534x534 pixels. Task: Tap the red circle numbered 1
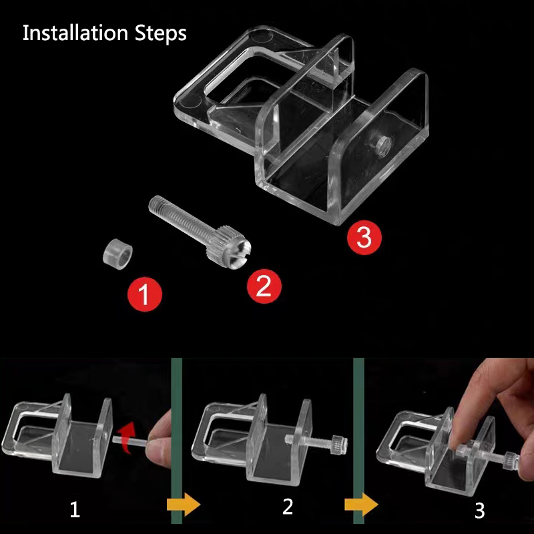pyautogui.click(x=146, y=294)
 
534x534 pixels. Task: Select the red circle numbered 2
pyautogui.click(x=264, y=286)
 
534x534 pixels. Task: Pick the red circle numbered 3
pyautogui.click(x=364, y=237)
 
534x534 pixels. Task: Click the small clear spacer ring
pyautogui.click(x=119, y=254)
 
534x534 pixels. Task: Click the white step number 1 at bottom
pyautogui.click(x=75, y=511)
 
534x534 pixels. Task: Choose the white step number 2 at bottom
pyautogui.click(x=288, y=506)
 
